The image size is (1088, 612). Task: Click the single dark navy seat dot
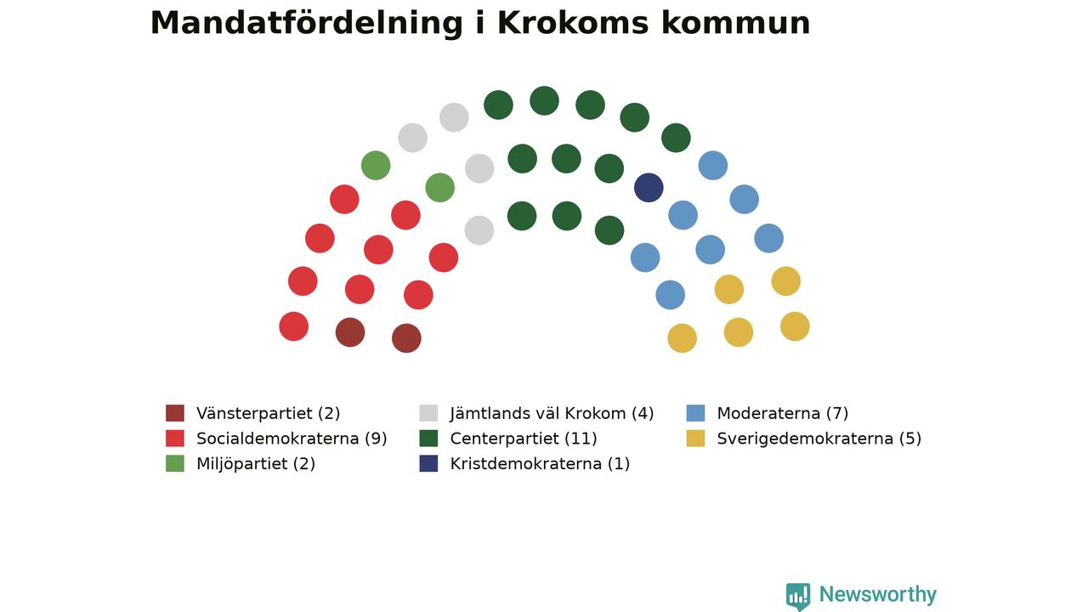click(649, 188)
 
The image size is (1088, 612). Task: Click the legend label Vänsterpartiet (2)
click(268, 413)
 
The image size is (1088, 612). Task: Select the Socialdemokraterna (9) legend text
click(292, 439)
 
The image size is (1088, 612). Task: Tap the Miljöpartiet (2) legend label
click(256, 464)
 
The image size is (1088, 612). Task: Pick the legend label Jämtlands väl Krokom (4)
click(552, 413)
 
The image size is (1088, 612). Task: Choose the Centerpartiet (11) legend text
click(524, 439)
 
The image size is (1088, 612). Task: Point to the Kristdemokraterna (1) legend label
click(540, 464)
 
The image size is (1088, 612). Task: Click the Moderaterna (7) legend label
click(783, 413)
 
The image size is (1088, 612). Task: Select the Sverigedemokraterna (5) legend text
click(819, 439)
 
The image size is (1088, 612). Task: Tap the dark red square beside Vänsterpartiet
click(175, 413)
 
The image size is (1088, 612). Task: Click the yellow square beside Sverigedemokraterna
click(695, 439)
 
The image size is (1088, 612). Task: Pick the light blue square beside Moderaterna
click(695, 413)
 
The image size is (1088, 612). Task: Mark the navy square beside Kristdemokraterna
click(428, 464)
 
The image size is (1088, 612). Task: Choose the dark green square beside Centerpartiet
click(428, 439)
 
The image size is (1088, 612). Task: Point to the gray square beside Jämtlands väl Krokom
click(428, 413)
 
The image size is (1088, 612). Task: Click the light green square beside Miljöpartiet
click(175, 464)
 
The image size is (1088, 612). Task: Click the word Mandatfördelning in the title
click(307, 23)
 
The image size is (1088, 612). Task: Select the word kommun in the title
click(736, 23)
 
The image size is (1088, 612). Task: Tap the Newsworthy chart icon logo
click(798, 596)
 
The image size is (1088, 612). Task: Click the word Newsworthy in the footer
click(878, 594)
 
